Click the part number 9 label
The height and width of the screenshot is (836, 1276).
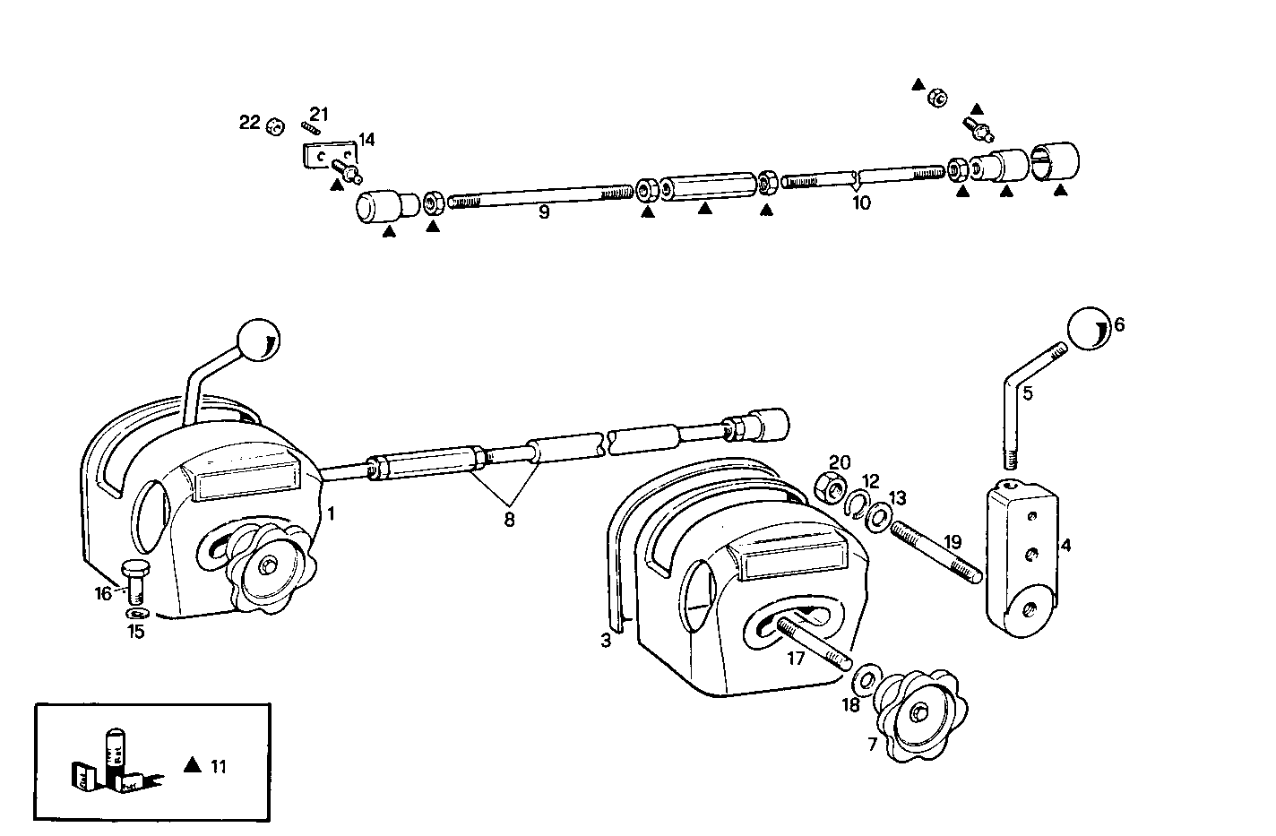click(x=544, y=212)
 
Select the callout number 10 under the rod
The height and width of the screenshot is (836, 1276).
click(x=860, y=203)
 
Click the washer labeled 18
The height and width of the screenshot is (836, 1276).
click(x=866, y=678)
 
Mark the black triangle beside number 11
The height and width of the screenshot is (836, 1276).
click(x=191, y=764)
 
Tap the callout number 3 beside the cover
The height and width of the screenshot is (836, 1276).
click(x=606, y=641)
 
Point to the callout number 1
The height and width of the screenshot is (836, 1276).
click(x=331, y=513)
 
